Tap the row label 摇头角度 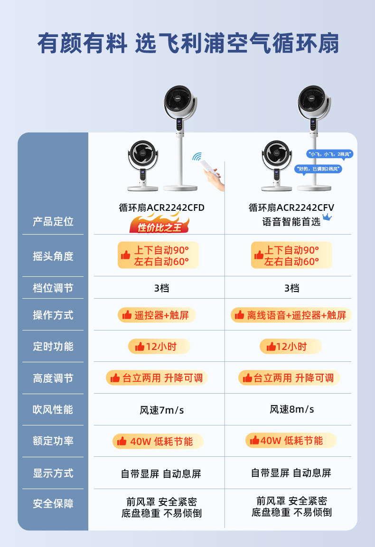pos(53,256)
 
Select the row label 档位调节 pos(53,288)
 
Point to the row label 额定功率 pos(53,441)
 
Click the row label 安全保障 pos(53,503)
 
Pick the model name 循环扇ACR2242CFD pos(161,207)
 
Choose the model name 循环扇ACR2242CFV pos(291,207)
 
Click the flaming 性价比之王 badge pos(159,226)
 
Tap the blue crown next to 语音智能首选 pos(327,218)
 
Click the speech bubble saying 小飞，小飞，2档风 pos(330,154)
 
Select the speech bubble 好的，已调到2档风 pos(318,169)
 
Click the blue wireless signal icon pos(197,157)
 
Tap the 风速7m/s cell pos(161,410)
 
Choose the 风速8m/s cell pos(291,409)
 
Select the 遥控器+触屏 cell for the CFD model pos(157,315)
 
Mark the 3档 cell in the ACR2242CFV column pos(291,288)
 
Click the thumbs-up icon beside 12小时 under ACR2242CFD pos(140,347)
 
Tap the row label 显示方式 pos(53,473)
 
